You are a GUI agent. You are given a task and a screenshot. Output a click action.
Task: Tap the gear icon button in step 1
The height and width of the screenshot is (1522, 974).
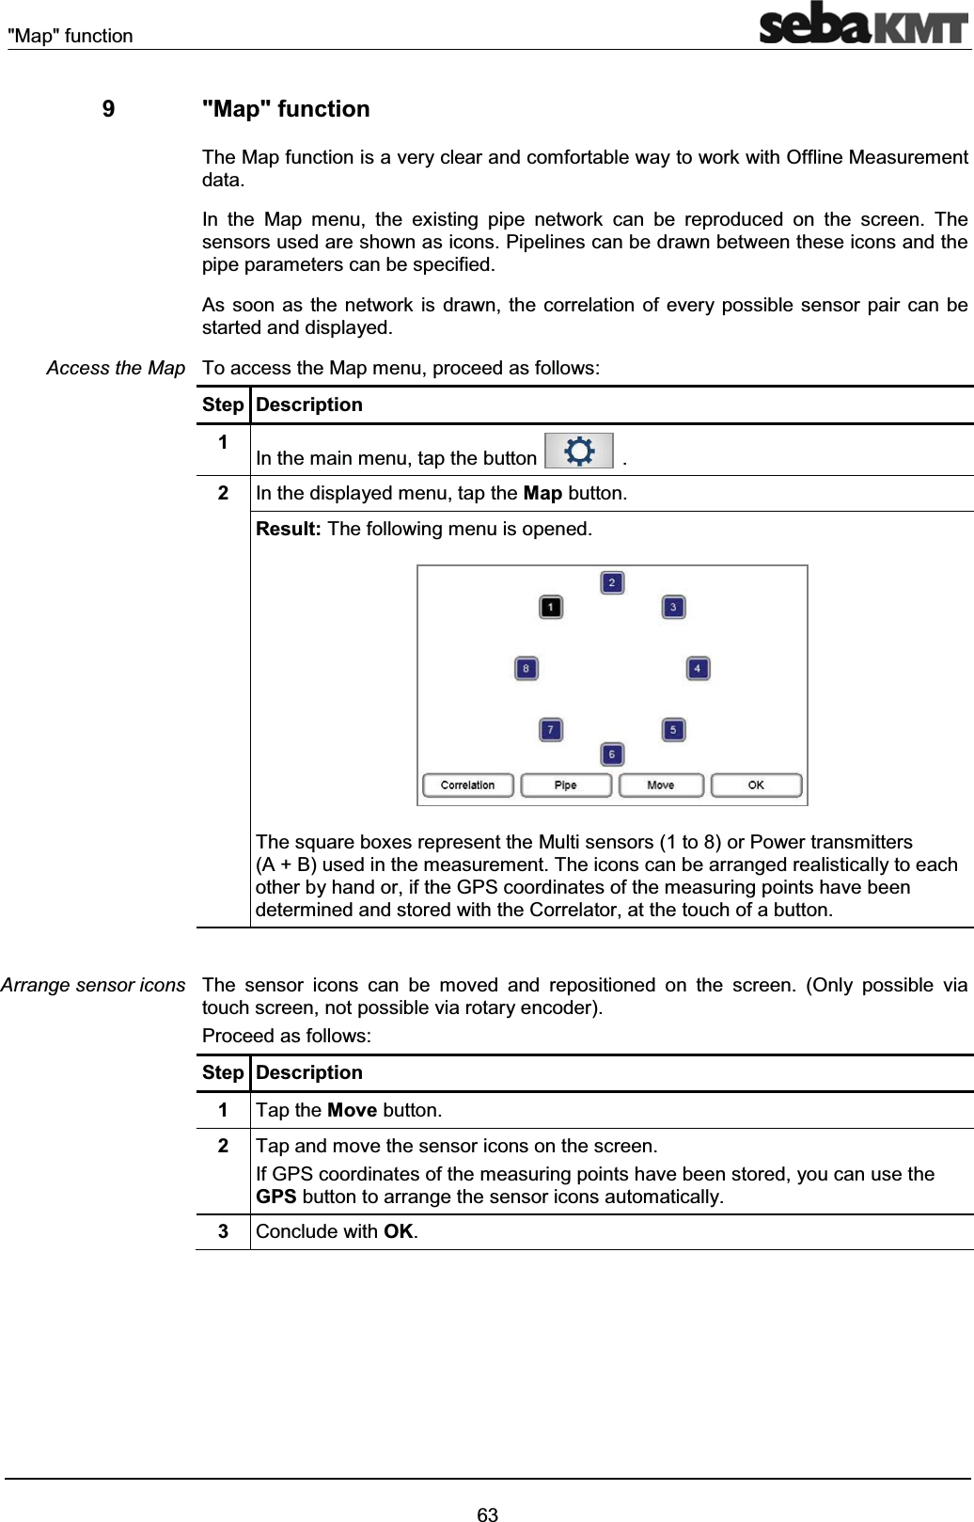[x=579, y=452]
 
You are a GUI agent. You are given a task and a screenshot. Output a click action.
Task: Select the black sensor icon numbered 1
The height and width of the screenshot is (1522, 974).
[x=551, y=608]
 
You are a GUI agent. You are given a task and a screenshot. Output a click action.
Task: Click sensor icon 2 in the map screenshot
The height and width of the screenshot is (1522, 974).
[x=612, y=583]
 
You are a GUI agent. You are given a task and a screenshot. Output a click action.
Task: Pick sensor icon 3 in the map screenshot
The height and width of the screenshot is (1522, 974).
[x=673, y=608]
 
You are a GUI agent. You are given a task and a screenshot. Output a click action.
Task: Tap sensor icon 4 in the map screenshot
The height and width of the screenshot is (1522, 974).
[x=698, y=669]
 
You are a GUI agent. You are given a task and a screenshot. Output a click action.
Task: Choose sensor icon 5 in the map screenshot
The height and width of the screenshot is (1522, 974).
[x=673, y=730]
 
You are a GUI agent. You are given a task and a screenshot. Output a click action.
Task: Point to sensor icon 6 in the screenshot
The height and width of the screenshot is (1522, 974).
[x=612, y=754]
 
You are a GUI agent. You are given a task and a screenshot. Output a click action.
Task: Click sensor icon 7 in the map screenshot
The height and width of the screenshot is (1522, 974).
[x=551, y=730]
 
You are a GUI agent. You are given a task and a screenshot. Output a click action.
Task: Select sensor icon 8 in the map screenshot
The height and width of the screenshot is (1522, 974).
[x=526, y=669]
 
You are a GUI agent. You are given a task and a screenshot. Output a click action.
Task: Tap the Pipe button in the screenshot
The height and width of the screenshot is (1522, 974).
[x=566, y=785]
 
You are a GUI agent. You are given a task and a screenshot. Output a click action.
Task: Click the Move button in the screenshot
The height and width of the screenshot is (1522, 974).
[x=661, y=785]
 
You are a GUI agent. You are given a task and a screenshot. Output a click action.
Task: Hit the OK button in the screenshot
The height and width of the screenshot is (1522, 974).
[x=756, y=785]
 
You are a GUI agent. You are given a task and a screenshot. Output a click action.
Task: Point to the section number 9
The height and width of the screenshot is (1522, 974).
[x=109, y=109]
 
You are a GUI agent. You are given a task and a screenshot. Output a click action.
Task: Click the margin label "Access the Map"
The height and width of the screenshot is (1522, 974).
[x=116, y=369]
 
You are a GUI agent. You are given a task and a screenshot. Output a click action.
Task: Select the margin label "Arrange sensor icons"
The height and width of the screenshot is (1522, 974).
[x=93, y=985]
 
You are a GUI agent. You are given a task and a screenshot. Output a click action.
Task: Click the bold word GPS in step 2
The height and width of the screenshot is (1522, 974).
[x=276, y=1197]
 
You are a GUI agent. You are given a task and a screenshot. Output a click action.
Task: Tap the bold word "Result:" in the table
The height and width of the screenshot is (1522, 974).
[x=289, y=529]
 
